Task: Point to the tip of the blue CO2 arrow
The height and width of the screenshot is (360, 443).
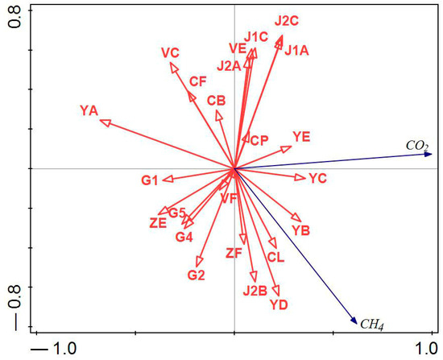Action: (x=433, y=153)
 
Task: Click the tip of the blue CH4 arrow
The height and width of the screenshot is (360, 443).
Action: (x=356, y=324)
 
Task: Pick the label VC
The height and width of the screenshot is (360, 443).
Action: (x=170, y=53)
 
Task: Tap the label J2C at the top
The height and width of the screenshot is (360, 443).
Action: (x=286, y=20)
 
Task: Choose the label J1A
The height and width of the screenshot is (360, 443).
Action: (x=296, y=50)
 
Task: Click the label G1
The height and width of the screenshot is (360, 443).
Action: (x=150, y=180)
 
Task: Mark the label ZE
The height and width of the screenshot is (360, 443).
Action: (x=158, y=223)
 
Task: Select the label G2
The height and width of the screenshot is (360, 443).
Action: (x=197, y=275)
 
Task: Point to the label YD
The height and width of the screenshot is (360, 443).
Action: (x=279, y=304)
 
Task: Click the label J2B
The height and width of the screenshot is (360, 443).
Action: (x=255, y=291)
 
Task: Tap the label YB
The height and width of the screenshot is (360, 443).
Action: (x=300, y=232)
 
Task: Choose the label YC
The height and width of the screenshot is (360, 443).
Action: (x=317, y=179)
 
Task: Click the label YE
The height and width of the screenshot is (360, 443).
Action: (x=301, y=137)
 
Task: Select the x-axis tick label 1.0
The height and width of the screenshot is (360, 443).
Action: (x=423, y=349)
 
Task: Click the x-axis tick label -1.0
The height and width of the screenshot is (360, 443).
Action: (x=54, y=349)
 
